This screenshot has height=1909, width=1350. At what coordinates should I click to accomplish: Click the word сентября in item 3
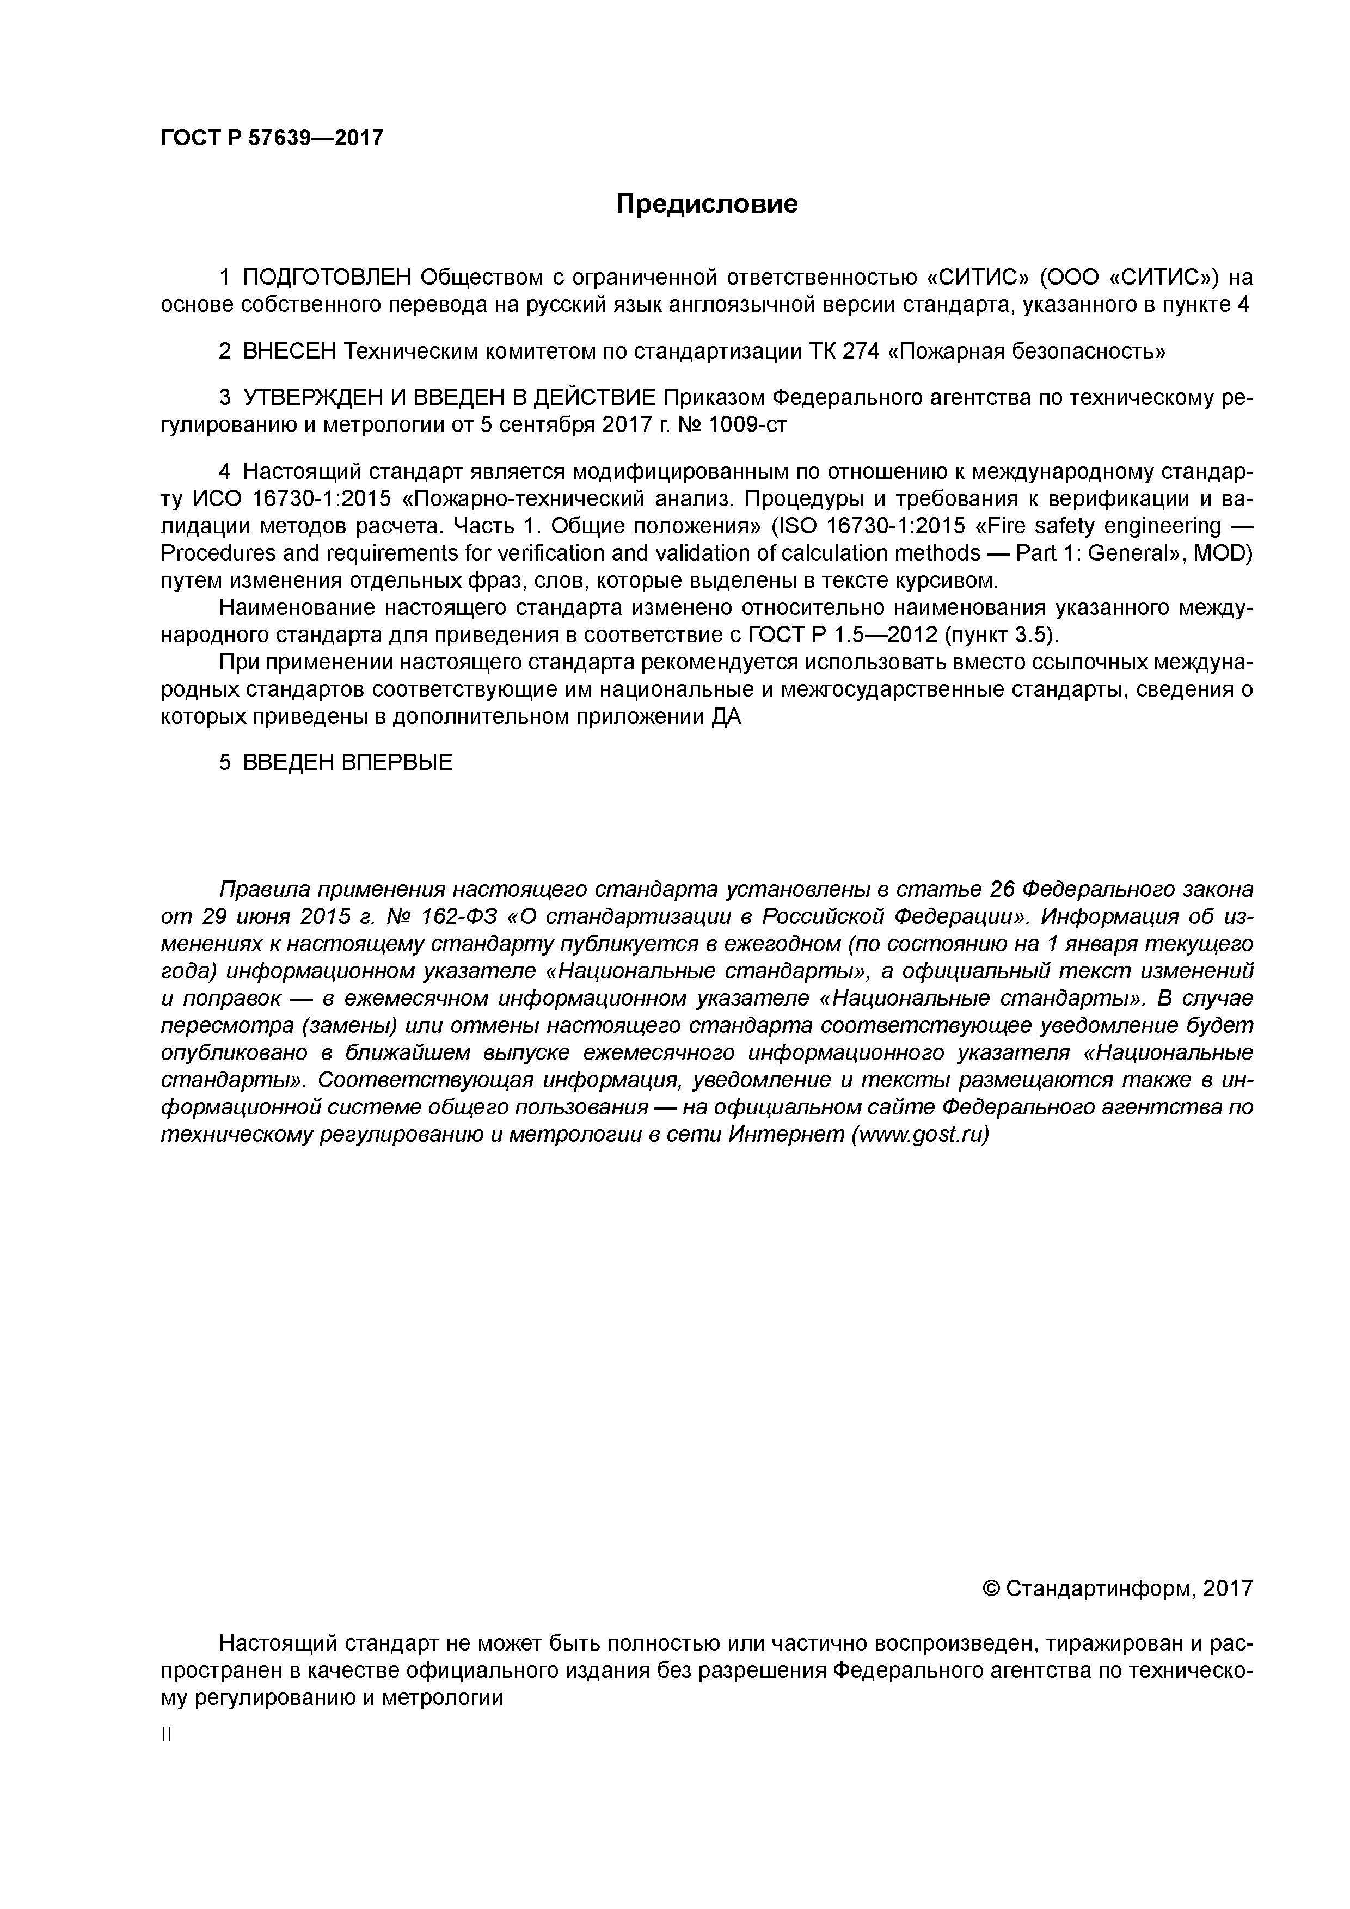[x=543, y=426]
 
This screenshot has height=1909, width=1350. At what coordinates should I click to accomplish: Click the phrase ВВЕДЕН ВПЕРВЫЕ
[x=347, y=762]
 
